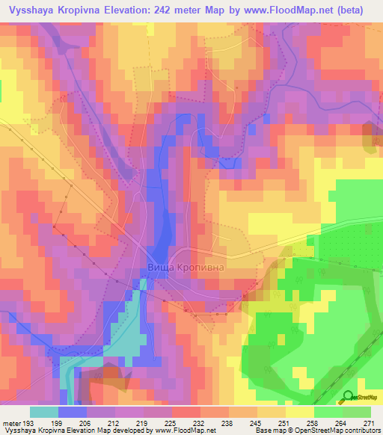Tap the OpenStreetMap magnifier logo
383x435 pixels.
[349, 397]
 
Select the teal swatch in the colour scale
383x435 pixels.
[43, 412]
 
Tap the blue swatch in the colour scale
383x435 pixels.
[72, 412]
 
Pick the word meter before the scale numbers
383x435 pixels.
[10, 422]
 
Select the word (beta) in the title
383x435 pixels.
[361, 10]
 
